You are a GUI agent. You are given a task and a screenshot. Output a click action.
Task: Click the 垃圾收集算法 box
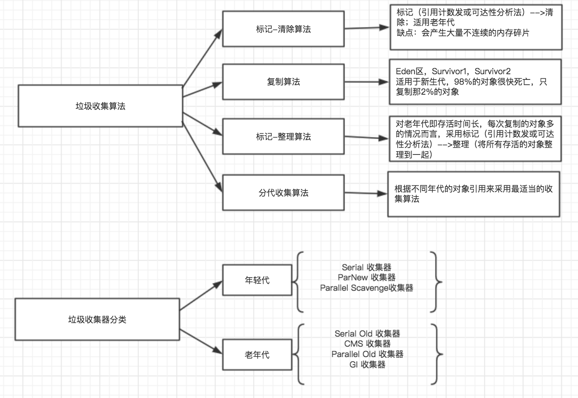point(100,106)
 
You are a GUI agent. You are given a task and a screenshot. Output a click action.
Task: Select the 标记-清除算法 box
point(283,29)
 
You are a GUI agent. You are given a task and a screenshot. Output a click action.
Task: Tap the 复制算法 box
point(283,82)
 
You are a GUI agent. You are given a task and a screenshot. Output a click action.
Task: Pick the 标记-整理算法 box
point(283,136)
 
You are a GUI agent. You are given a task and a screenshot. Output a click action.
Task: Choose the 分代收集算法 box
point(283,193)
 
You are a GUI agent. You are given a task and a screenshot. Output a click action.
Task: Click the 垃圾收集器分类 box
point(97,319)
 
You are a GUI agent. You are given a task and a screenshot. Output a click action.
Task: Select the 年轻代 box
point(257,280)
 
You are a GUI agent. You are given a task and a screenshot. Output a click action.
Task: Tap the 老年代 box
point(257,355)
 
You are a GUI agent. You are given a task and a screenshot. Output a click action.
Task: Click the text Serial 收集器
point(366,267)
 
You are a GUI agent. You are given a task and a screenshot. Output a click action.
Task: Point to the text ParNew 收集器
point(366,277)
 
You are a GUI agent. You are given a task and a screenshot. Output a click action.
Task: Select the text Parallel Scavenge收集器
point(366,288)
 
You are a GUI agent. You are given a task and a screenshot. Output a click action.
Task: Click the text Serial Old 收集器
point(367,333)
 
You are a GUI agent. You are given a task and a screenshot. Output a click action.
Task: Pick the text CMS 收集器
point(367,344)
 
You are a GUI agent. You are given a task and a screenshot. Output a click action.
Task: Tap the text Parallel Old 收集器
point(367,354)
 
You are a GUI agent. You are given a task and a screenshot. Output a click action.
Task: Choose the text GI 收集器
point(367,364)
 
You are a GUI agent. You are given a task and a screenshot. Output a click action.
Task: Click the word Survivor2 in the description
point(493,71)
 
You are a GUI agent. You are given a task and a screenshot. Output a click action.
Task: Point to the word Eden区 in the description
point(410,71)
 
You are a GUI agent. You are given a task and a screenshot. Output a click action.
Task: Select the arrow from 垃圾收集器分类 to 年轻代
point(200,296)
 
